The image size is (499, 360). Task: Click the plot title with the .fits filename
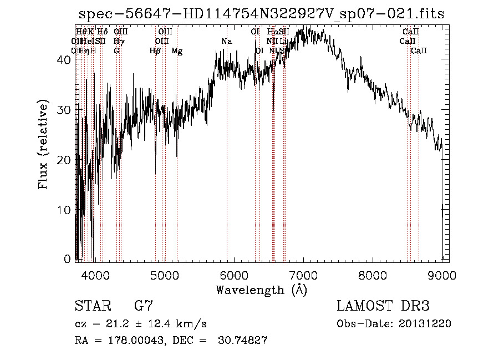262,14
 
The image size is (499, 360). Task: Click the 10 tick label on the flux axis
65,210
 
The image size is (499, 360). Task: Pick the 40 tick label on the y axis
65,60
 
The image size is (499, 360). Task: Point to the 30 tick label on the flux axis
65,110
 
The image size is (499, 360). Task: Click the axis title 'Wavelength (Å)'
261,290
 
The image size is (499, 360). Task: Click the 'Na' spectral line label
226,42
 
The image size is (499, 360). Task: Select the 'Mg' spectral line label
176,51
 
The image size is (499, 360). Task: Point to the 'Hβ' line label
155,51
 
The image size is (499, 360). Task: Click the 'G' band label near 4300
116,51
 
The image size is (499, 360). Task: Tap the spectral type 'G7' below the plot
144,306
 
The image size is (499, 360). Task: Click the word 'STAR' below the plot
92,306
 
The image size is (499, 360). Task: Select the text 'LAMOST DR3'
383,306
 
